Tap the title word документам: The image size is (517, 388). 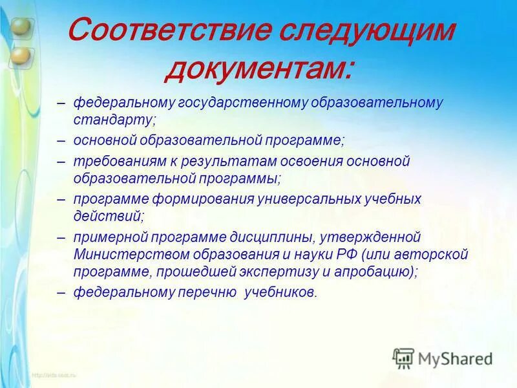(x=258, y=68)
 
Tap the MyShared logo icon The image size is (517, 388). (x=403, y=358)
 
